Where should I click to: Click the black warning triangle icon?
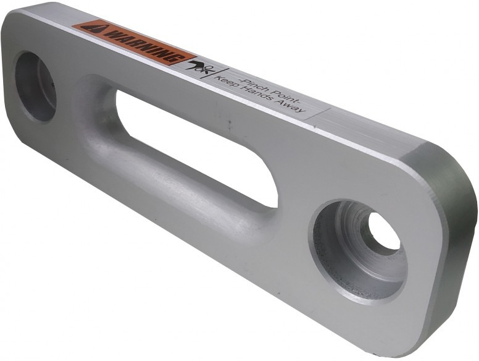[x=92, y=28]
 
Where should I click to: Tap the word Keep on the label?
[x=228, y=83]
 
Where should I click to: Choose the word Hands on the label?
[x=257, y=97]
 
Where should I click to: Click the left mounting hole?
[x=35, y=87]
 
